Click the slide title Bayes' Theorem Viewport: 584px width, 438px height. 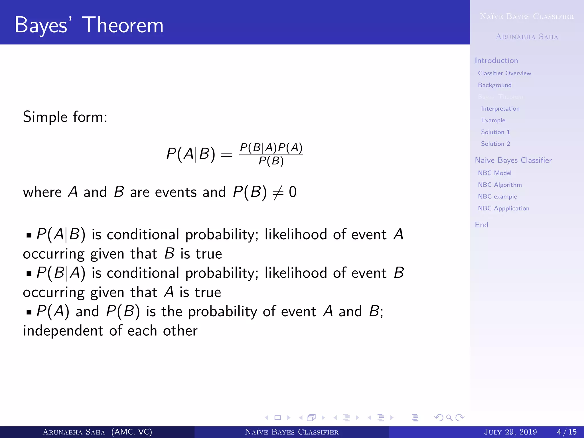tap(89, 25)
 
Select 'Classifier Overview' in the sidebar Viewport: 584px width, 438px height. tap(504, 73)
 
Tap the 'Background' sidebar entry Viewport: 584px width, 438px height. tap(495, 85)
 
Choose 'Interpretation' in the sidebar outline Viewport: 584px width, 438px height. tap(500, 109)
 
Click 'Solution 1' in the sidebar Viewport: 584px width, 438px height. tap(495, 132)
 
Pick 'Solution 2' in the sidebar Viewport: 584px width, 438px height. tap(495, 144)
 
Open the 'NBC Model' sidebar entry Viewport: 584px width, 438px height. tap(494, 173)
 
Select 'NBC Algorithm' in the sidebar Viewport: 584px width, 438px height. tap(500, 185)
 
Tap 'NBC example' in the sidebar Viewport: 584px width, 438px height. tap(497, 196)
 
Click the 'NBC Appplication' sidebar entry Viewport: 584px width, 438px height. tap(504, 208)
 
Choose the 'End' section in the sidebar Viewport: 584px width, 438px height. tap(482, 225)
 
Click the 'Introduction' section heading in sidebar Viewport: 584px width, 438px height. tap(496, 60)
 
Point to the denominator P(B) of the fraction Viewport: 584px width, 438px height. tap(271, 161)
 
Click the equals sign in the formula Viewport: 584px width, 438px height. tap(227, 155)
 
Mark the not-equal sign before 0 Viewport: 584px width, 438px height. tap(278, 192)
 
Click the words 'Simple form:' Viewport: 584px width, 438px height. tap(65, 117)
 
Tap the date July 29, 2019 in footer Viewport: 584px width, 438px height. tap(510, 432)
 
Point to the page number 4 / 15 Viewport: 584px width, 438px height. tap(567, 432)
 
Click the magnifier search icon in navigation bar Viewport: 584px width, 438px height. tap(449, 418)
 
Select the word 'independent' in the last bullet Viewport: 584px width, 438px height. tap(63, 331)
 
